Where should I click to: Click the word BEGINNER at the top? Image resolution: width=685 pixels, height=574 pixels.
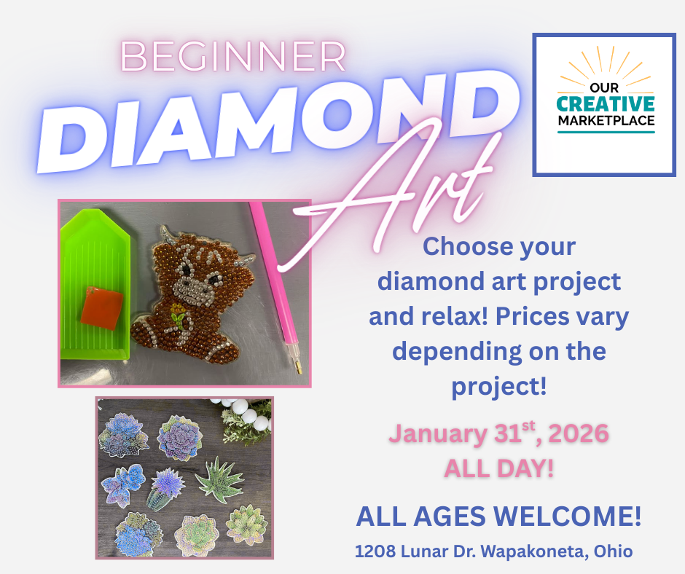233,56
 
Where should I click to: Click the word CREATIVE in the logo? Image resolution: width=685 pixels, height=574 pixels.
606,104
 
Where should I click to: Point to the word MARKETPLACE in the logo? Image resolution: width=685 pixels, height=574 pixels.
606,121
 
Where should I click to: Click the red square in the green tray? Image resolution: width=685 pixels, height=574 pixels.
102,308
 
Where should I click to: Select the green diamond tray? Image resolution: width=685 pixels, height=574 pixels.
95,284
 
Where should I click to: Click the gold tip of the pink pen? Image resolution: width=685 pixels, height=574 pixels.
299,368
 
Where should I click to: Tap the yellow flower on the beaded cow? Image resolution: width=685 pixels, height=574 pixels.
178,310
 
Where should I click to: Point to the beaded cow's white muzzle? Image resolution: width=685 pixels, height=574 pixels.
192,291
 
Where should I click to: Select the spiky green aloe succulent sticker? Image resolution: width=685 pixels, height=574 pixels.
218,480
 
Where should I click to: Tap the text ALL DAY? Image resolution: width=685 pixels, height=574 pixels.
499,468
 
